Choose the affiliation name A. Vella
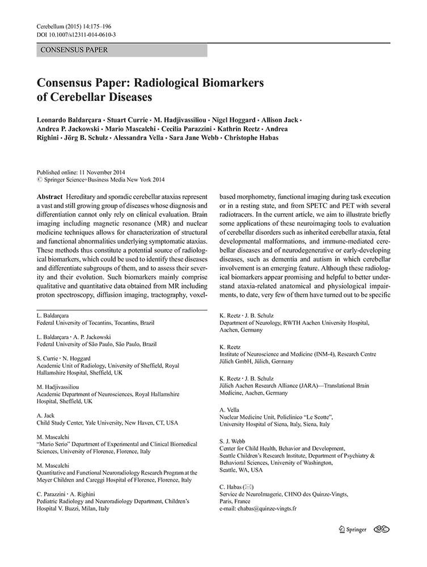tap(229, 409)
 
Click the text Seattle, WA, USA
tap(241, 470)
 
